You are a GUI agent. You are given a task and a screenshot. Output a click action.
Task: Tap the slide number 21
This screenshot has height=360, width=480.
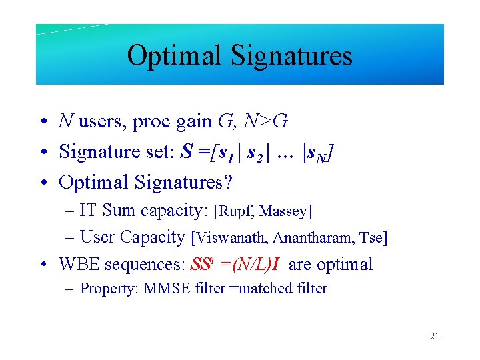click(434, 337)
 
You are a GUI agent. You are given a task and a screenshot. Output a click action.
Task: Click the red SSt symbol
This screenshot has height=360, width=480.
click(201, 264)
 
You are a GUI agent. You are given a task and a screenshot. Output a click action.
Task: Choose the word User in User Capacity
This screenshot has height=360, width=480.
click(96, 237)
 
